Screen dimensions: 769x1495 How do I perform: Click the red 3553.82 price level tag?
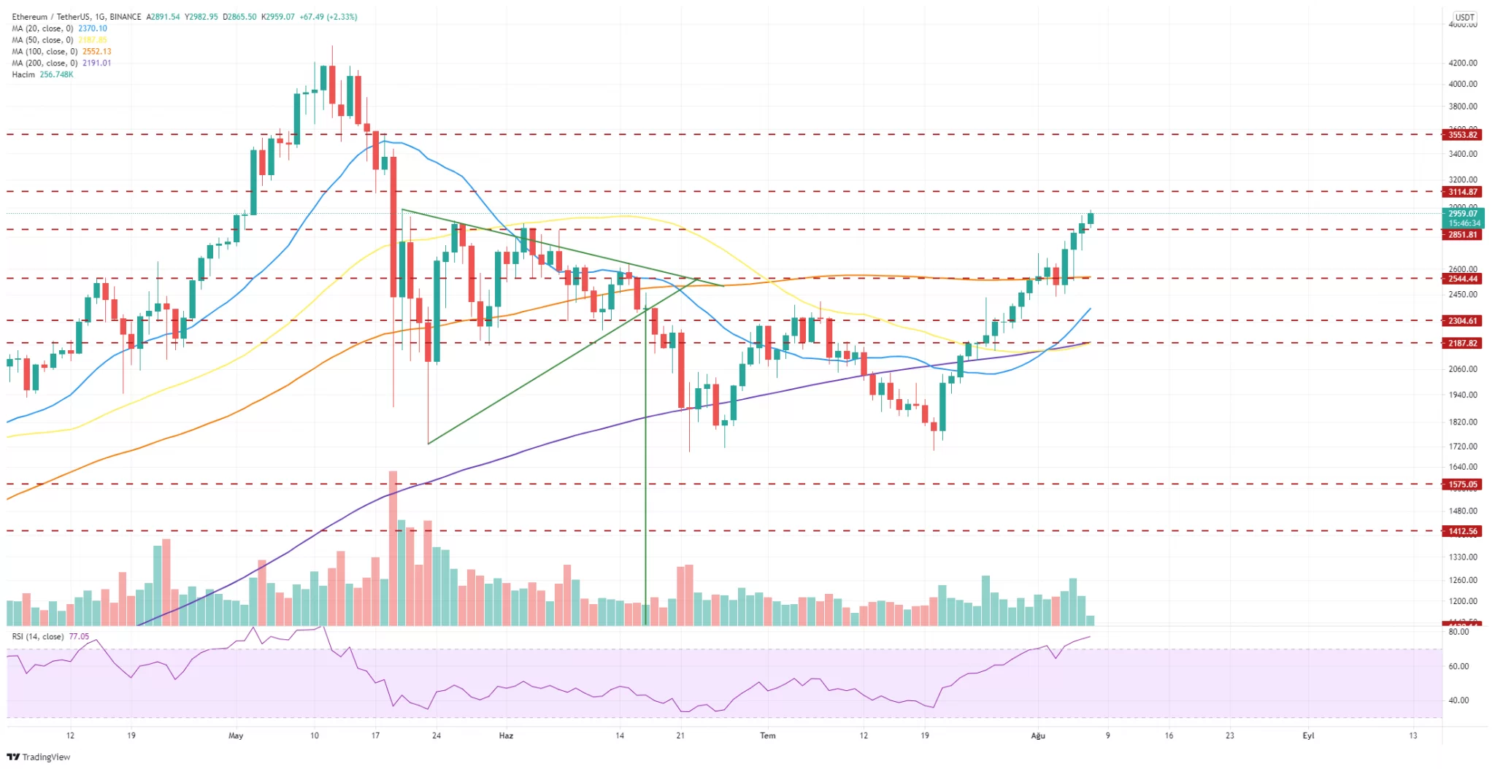pyautogui.click(x=1462, y=135)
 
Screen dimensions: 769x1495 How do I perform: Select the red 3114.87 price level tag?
pyautogui.click(x=1462, y=192)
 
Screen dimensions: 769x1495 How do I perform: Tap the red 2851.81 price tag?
pyautogui.click(x=1462, y=235)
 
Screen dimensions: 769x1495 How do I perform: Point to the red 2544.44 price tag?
pyautogui.click(x=1462, y=279)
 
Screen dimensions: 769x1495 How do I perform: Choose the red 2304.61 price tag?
pyautogui.click(x=1462, y=321)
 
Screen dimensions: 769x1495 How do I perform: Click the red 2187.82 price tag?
pyautogui.click(x=1462, y=344)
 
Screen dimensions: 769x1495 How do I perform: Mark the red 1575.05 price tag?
pyautogui.click(x=1462, y=484)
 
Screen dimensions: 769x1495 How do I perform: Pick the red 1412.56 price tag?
pyautogui.click(x=1462, y=531)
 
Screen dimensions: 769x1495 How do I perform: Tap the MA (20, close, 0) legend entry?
pyautogui.click(x=42, y=28)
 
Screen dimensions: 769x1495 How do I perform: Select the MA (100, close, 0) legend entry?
pyautogui.click(x=45, y=52)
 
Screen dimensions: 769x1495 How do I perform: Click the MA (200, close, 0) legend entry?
pyautogui.click(x=45, y=63)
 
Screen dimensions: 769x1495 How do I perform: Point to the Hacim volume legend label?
pyautogui.click(x=23, y=75)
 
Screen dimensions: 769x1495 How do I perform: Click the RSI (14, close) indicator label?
pyautogui.click(x=37, y=637)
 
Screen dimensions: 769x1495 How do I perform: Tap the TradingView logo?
pyautogui.click(x=39, y=757)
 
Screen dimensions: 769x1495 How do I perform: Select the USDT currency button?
pyautogui.click(x=1464, y=17)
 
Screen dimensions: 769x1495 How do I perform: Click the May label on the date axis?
pyautogui.click(x=236, y=735)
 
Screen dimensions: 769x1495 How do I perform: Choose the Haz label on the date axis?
pyautogui.click(x=506, y=735)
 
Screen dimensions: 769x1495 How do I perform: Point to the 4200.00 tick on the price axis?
pyautogui.click(x=1463, y=63)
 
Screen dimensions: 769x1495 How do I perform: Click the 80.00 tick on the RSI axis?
pyautogui.click(x=1459, y=632)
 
